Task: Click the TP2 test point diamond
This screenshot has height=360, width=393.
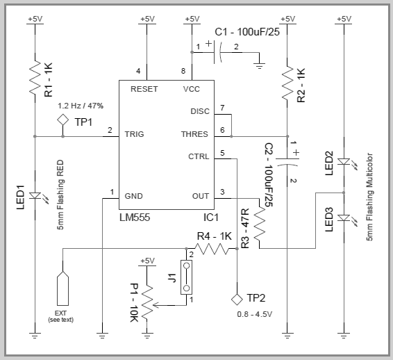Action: tap(237, 299)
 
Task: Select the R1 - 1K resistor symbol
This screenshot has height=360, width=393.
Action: tap(35, 79)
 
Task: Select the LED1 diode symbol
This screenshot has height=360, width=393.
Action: tap(35, 188)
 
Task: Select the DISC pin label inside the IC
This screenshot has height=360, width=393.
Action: tap(199, 111)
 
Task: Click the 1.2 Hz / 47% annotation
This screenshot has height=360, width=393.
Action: tap(82, 106)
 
